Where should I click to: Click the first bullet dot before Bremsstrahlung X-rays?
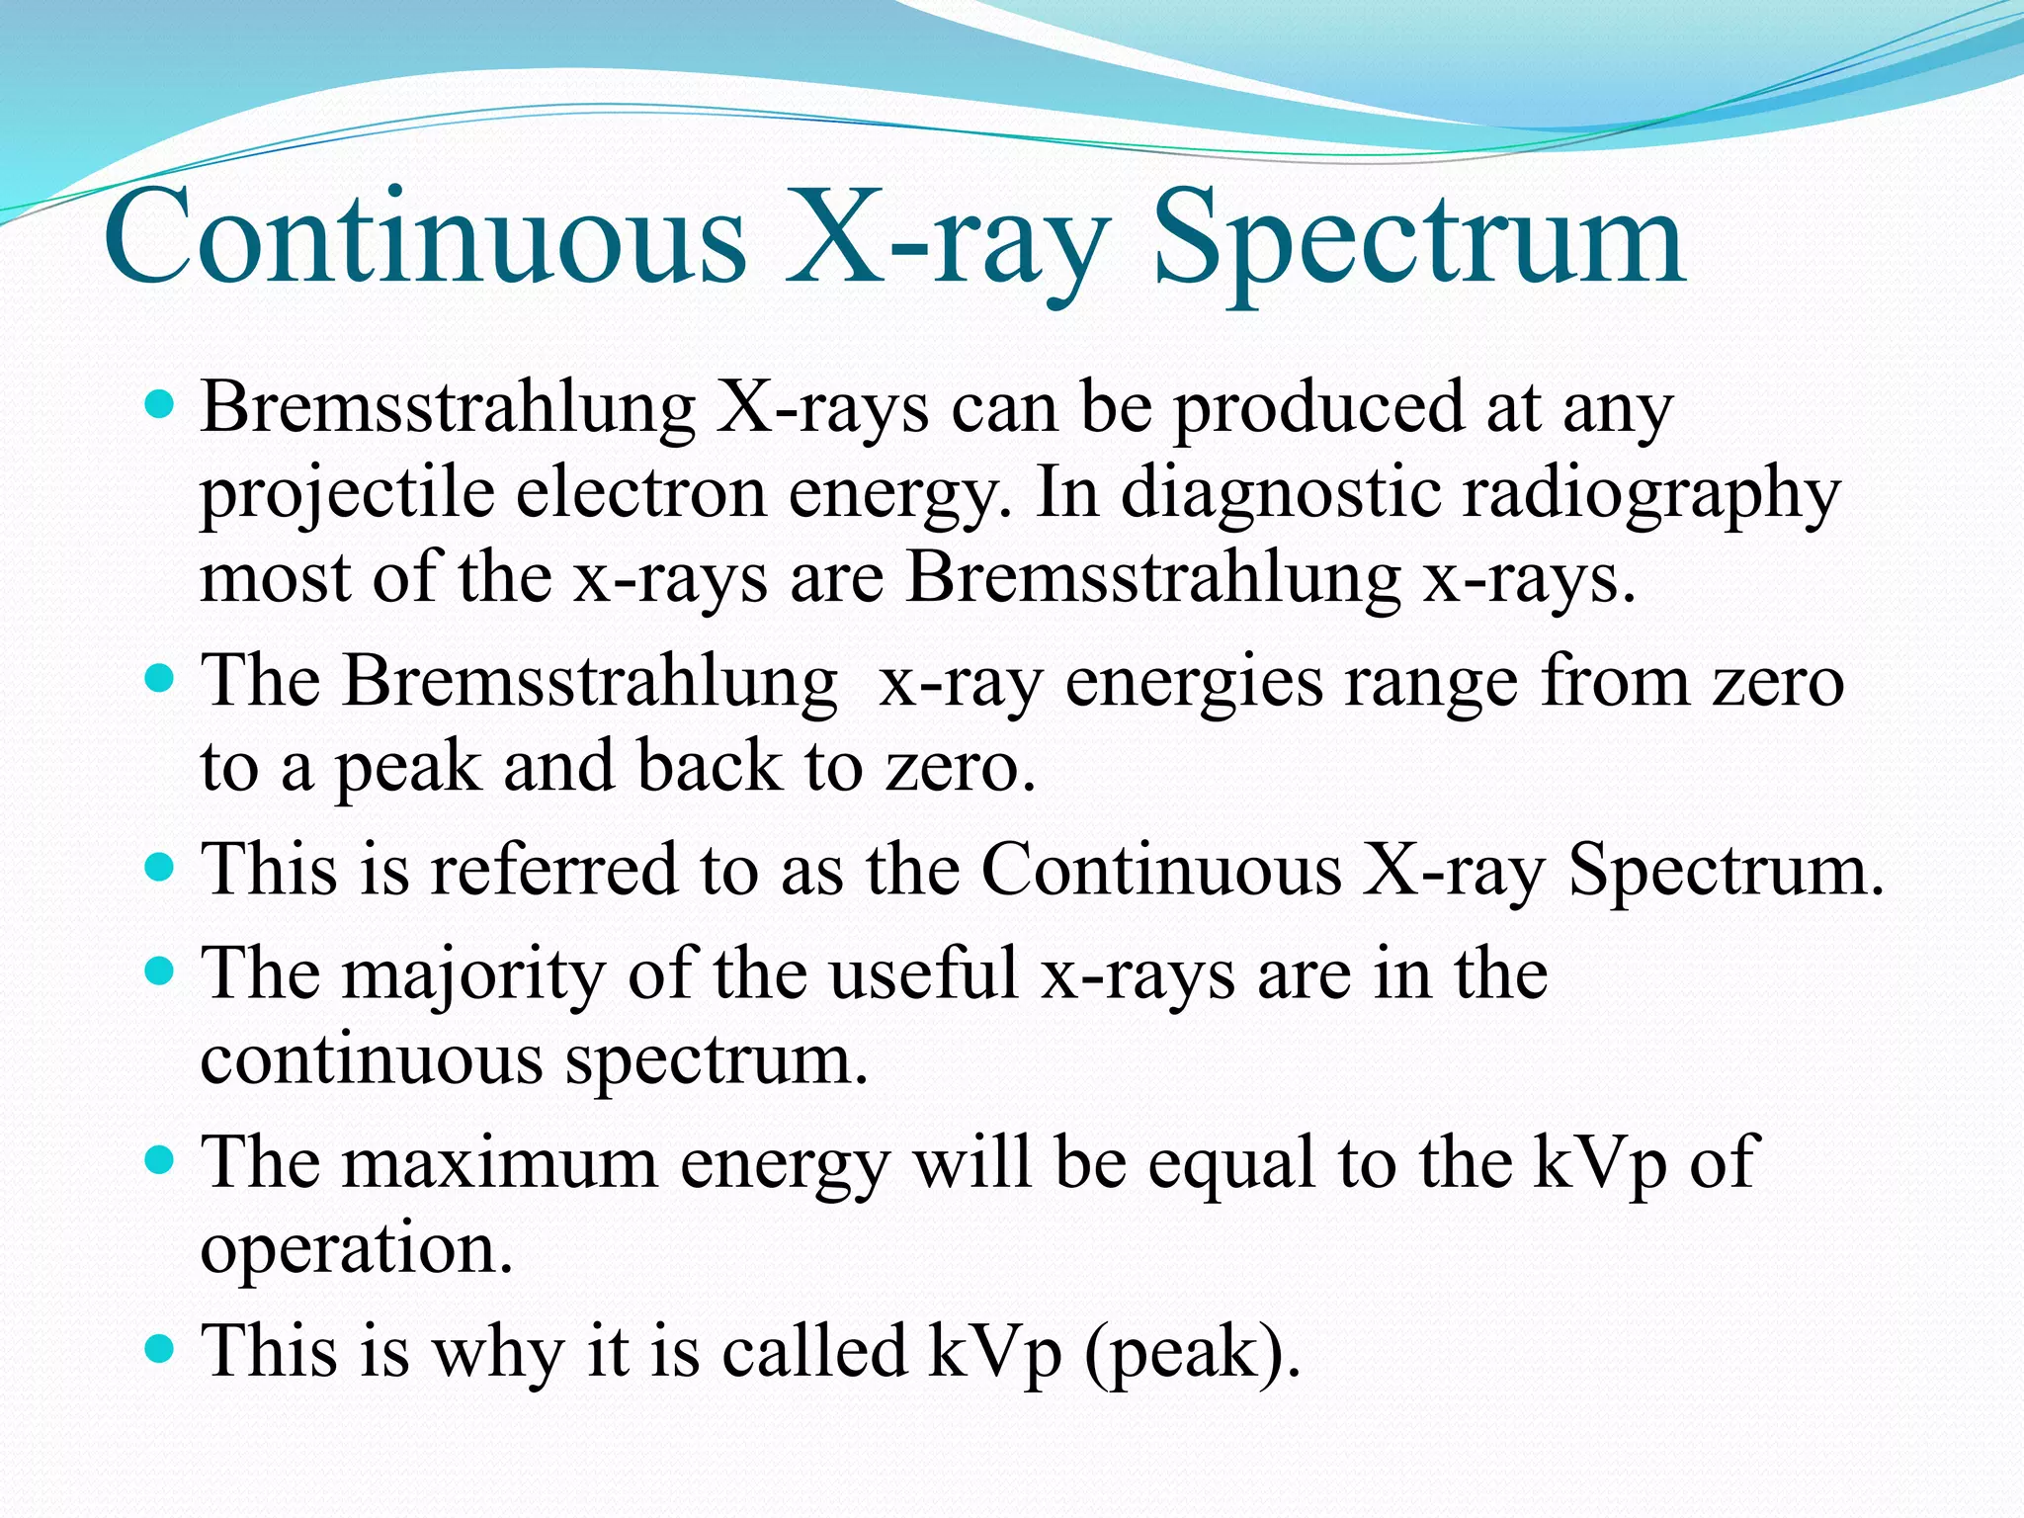[159, 404]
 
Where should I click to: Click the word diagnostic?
[1281, 491]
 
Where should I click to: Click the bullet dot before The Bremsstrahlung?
[159, 680]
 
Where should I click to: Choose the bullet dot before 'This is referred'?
[159, 869]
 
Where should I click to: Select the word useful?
[923, 972]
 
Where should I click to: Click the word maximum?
[500, 1162]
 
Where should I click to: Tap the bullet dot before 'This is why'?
[159, 1347]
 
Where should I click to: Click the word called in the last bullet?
[814, 1350]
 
